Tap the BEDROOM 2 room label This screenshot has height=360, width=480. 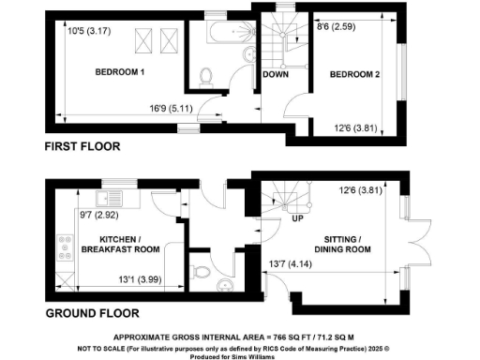coord(351,76)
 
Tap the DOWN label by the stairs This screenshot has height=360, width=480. coord(276,75)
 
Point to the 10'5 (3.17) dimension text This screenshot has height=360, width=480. coord(89,29)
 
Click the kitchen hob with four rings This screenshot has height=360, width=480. coord(67,247)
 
